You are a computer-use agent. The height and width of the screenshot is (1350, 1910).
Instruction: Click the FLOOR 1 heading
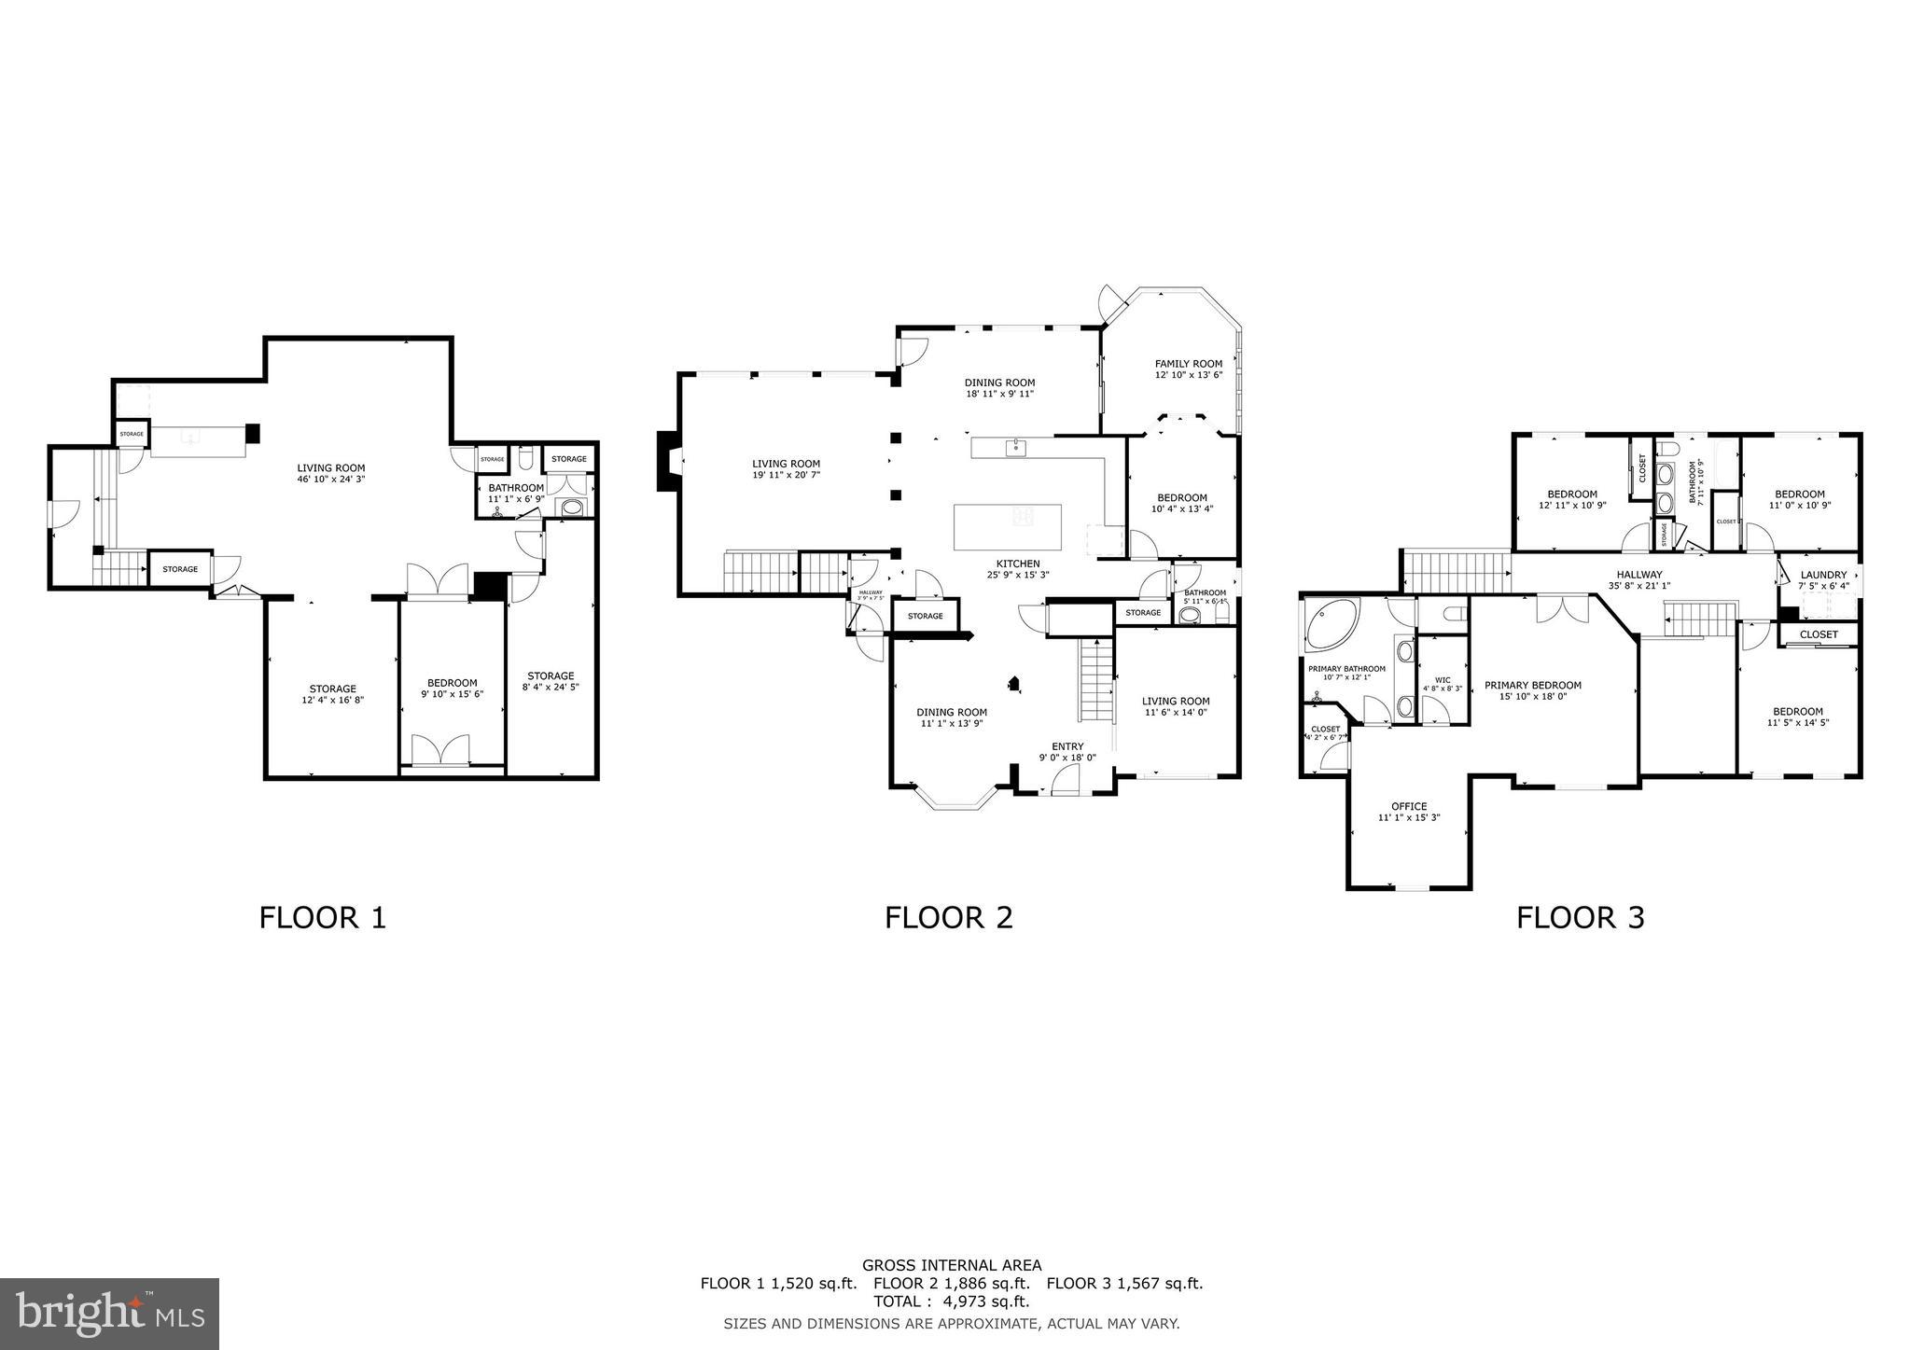322,918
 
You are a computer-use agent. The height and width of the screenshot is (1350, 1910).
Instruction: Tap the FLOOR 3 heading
1580,918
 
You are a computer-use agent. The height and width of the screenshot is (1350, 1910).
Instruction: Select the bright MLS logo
109,1315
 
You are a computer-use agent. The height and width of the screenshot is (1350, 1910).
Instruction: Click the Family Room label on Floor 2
1188,364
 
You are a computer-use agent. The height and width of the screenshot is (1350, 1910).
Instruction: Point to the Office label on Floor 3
1408,806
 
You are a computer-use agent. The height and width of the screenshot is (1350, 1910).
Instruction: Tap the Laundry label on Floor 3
1823,575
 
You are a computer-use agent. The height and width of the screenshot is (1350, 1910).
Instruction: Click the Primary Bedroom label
1533,685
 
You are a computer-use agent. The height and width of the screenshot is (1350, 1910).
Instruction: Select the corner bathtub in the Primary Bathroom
1331,625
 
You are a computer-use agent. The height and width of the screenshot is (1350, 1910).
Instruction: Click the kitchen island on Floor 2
1007,527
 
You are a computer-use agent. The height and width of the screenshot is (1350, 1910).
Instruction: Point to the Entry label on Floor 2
1067,746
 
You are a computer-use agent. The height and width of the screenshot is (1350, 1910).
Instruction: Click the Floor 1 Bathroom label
516,488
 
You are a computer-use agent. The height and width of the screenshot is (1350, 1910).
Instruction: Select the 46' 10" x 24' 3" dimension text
331,480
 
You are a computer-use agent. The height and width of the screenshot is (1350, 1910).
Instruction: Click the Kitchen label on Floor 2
1017,564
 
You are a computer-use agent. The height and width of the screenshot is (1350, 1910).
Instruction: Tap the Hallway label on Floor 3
1639,575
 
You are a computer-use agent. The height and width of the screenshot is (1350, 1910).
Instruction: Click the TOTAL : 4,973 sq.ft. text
951,1301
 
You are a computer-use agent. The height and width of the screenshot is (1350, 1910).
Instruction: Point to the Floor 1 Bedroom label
452,683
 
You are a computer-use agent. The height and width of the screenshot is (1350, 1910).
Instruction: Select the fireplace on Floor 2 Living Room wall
669,460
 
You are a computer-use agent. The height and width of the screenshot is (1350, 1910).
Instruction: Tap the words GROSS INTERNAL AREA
951,1265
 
